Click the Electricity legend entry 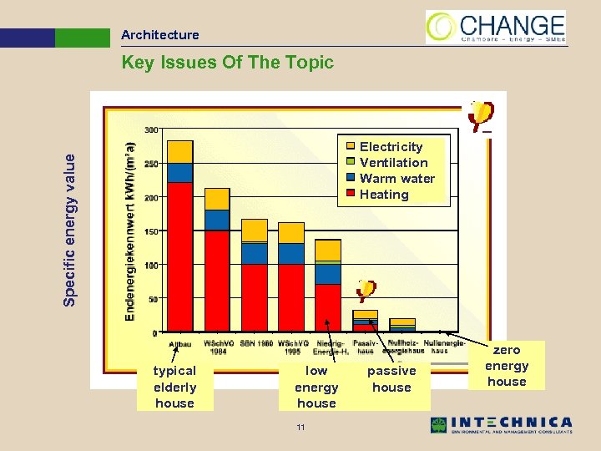391,147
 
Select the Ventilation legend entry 393,163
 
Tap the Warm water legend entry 396,179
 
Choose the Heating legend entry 383,195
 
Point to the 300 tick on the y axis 152,130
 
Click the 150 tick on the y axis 152,231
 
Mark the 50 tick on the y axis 153,299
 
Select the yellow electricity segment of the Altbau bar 180,151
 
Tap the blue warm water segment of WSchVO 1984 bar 217,220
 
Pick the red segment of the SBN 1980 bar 254,297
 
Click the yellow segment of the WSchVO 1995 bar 290,232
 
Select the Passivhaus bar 365,321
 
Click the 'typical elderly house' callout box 175,387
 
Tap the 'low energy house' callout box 316,387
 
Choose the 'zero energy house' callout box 507,366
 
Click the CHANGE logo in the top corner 496,27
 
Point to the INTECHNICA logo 501,424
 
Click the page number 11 300,428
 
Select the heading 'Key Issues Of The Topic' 227,63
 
